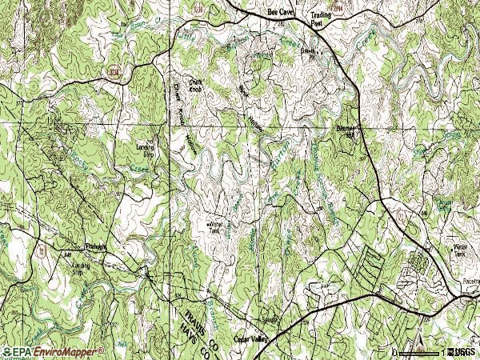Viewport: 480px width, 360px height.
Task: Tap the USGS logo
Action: point(462,352)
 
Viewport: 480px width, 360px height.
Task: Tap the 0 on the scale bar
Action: point(394,353)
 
